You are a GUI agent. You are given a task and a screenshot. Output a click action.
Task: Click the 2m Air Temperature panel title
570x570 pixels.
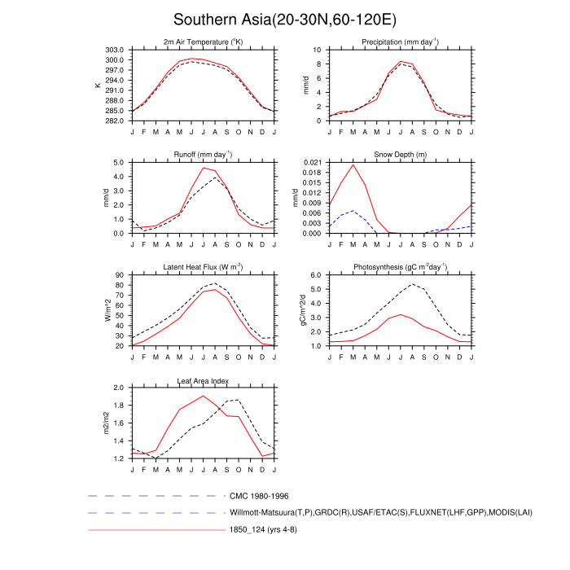203,42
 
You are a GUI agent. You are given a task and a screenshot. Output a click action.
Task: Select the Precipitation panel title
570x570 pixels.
400,42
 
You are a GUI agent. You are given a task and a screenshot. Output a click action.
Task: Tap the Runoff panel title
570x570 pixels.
203,154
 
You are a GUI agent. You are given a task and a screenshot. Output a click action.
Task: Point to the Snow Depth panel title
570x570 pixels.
400,154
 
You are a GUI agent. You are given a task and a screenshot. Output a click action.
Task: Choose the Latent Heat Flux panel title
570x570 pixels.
203,267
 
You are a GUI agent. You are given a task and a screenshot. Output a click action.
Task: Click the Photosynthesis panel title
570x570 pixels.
400,267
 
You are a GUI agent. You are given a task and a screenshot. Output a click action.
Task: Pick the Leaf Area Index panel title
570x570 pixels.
203,380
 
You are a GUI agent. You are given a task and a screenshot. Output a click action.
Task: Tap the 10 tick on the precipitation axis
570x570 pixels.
320,50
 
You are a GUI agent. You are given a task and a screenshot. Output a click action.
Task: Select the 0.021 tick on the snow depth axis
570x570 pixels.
313,163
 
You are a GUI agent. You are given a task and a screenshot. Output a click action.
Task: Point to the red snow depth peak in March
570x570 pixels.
353,165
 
